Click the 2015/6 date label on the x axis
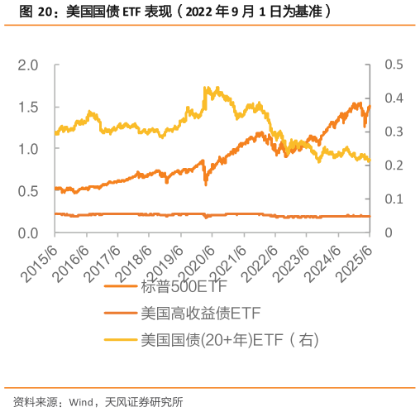click(x=42, y=258)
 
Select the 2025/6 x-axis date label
click(x=358, y=258)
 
